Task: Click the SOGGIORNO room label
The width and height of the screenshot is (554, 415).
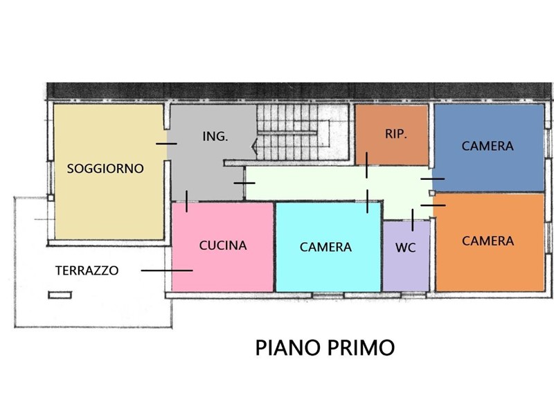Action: (x=105, y=169)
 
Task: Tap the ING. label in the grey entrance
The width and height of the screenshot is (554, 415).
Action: (x=215, y=136)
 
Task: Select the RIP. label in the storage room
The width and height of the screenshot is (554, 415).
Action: (x=396, y=134)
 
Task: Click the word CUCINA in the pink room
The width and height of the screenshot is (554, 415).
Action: (x=223, y=246)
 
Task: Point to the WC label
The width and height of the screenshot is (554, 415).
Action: (x=406, y=248)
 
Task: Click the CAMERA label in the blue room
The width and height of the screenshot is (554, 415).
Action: (x=488, y=146)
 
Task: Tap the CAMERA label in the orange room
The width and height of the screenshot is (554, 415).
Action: (x=488, y=241)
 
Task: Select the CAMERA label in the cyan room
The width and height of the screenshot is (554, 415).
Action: (x=325, y=247)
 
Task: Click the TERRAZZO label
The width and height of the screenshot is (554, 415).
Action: (x=87, y=270)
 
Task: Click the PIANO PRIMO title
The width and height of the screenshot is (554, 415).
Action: (x=325, y=348)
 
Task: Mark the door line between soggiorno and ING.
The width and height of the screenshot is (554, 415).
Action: (x=166, y=144)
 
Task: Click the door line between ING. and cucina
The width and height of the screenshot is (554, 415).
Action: (x=186, y=201)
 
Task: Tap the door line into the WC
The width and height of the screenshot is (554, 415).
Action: (x=412, y=220)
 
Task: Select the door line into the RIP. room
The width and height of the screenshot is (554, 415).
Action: (x=366, y=165)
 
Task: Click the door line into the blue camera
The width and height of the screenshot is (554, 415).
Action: (x=432, y=179)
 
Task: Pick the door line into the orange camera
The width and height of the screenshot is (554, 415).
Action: (x=433, y=205)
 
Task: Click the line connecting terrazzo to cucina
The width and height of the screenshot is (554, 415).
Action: (x=167, y=270)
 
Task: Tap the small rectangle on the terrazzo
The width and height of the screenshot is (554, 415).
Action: (x=60, y=295)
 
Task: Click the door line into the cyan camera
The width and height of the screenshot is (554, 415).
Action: (x=367, y=201)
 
